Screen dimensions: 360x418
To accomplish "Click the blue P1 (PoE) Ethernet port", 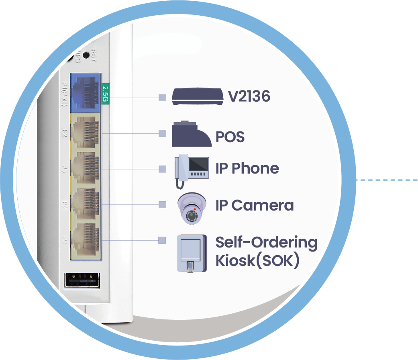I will click(85, 92).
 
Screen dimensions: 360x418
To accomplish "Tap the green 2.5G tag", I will click(106, 94).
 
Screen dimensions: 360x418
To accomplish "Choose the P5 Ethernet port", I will click(85, 240).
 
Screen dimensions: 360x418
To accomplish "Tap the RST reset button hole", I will click(86, 56).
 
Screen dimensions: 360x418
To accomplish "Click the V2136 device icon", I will click(198, 96).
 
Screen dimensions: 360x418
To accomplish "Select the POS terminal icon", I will click(192, 134).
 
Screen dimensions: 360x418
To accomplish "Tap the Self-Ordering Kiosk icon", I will click(192, 254).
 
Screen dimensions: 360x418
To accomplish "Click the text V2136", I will click(249, 96).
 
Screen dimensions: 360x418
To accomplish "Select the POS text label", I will click(230, 137).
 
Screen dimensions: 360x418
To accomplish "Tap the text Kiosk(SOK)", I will click(257, 261).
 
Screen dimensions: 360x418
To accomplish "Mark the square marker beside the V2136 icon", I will click(162, 98).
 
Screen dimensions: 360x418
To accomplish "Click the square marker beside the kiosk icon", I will click(162, 240).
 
